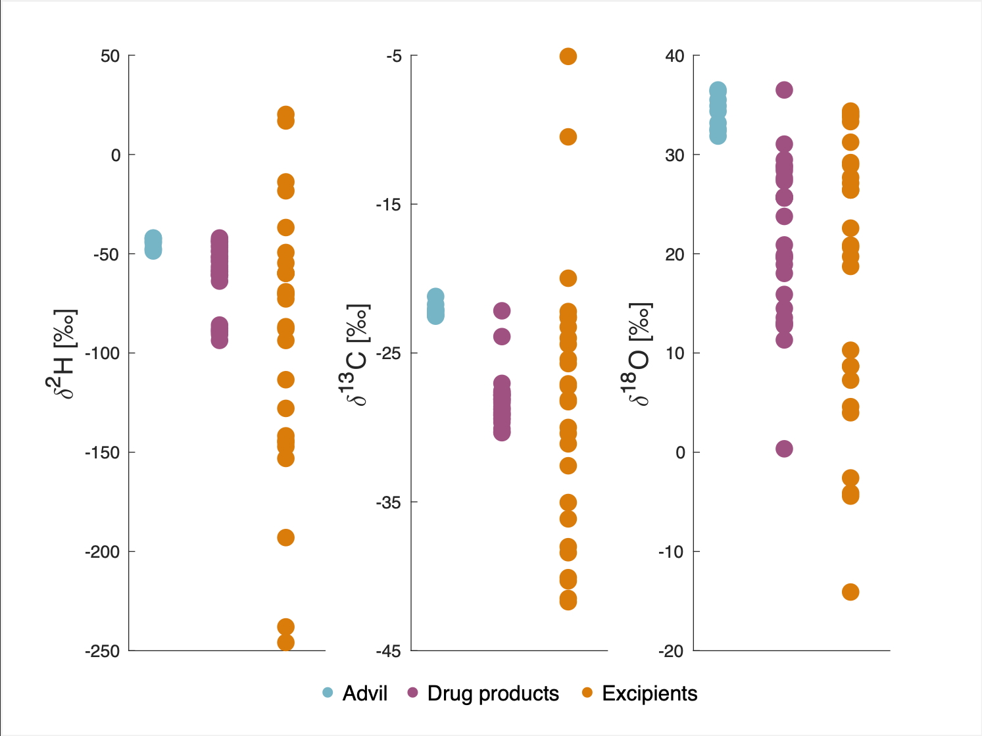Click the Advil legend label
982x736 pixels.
point(364,693)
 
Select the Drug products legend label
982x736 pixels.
point(493,693)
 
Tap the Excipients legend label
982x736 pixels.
point(649,693)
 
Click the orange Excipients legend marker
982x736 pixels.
point(588,693)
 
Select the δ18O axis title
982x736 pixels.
point(638,353)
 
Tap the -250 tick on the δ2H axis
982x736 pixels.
point(103,651)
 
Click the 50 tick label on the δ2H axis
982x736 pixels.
point(110,56)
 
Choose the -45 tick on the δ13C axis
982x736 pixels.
point(389,651)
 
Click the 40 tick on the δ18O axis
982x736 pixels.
point(675,56)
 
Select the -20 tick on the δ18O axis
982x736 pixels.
point(671,651)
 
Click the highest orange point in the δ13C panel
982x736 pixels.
point(568,57)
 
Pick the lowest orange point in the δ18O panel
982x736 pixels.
point(850,593)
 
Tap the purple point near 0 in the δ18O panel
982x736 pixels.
point(784,449)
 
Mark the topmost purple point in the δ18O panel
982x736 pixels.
point(784,90)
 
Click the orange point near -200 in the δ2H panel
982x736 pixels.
point(285,538)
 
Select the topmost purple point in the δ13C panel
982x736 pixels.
point(502,310)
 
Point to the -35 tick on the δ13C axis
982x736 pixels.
point(389,502)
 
